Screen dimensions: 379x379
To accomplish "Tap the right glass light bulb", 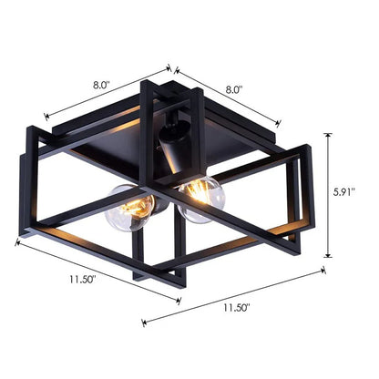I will (x=201, y=198).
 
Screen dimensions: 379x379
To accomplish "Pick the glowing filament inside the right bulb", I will (x=196, y=190).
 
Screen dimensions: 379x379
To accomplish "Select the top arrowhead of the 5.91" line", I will (x=328, y=134).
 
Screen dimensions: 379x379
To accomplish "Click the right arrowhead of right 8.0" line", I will (x=279, y=125).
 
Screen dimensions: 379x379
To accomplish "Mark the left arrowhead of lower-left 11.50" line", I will (x=17, y=241).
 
